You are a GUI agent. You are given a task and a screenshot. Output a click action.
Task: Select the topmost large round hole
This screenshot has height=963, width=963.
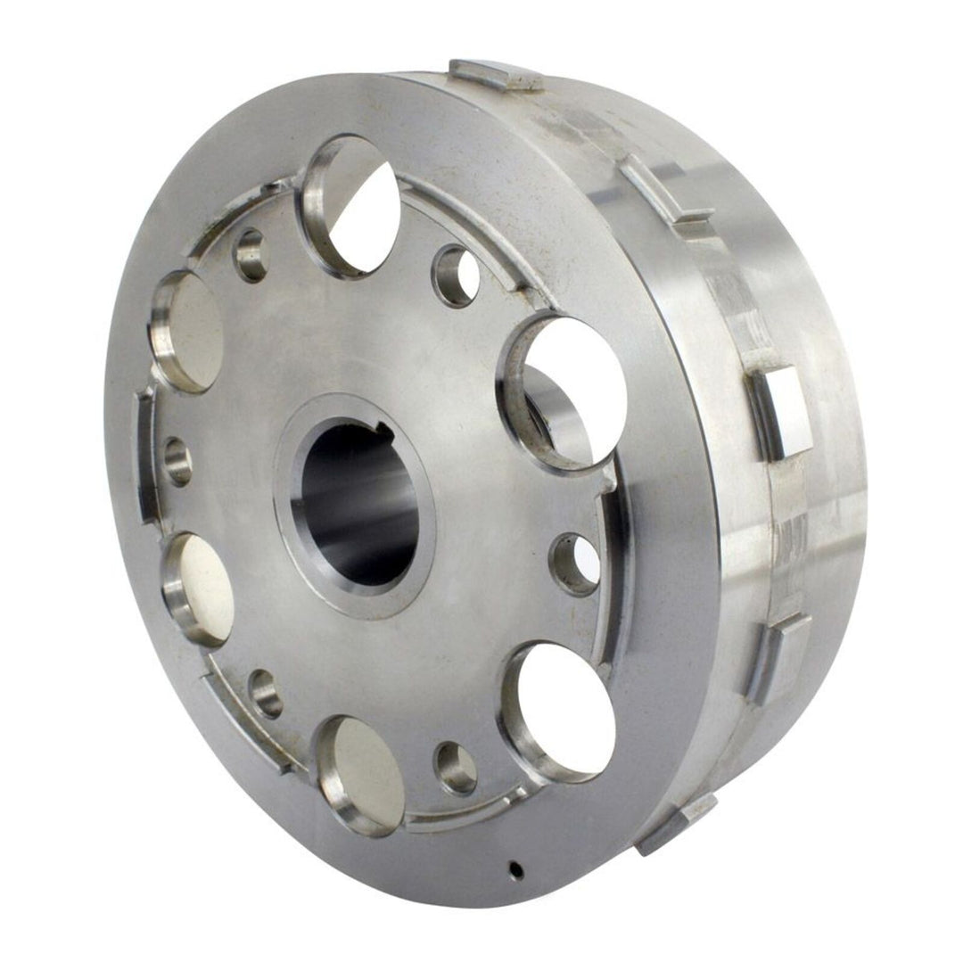pos(350,204)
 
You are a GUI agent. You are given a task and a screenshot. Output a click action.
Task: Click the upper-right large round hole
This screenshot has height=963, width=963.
pos(564,391)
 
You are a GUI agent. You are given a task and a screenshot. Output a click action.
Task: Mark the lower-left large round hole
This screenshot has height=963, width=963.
pos(198,588)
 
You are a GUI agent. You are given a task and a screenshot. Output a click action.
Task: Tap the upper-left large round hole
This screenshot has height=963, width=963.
pos(188,331)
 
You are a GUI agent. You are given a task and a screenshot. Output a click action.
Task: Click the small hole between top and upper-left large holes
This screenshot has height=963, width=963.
pos(250,255)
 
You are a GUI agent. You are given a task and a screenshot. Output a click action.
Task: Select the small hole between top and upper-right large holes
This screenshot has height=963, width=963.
pos(456,276)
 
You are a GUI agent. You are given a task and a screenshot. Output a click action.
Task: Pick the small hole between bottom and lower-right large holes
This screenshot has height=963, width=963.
pos(456,767)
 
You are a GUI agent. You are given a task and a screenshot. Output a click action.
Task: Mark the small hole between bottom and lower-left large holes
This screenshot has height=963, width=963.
pos(266,693)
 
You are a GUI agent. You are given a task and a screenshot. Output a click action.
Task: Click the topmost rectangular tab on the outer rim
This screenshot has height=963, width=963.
pos(496,74)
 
